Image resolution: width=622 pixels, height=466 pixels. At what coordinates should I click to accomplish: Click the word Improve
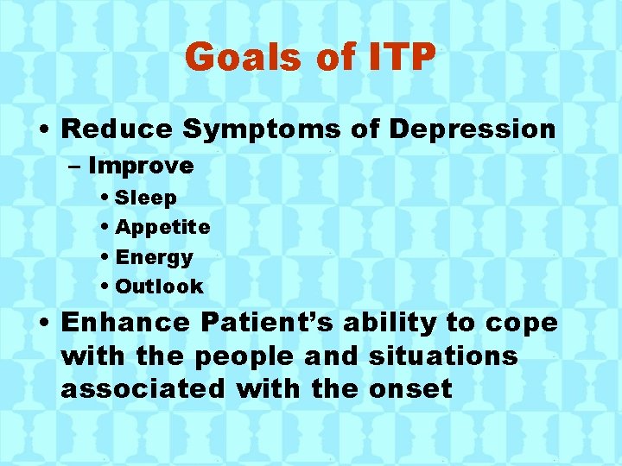141,165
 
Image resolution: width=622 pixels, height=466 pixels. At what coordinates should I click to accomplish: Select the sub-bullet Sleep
146,198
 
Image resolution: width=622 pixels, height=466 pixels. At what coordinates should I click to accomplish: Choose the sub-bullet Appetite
162,228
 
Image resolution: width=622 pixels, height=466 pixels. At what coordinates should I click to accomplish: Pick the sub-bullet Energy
154,257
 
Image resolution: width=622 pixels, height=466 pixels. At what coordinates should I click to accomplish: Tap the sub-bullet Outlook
159,287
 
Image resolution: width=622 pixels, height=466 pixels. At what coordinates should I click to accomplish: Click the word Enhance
126,323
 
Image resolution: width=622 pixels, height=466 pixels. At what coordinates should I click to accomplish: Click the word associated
141,388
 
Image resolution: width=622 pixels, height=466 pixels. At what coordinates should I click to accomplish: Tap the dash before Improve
75,166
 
